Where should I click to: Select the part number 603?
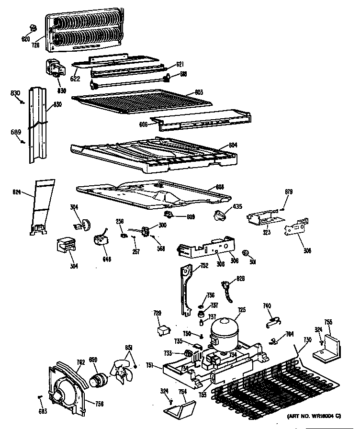199,92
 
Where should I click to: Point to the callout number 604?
233,145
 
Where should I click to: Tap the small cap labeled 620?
34,26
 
